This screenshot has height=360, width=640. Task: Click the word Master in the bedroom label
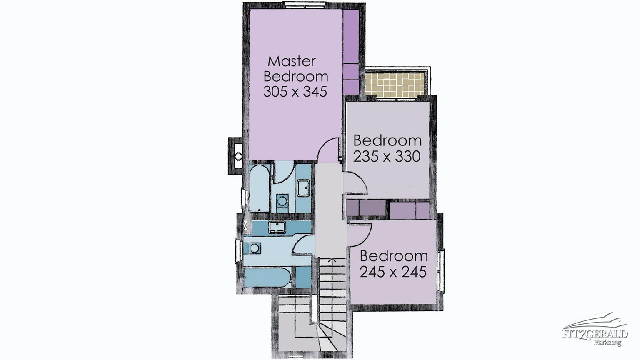point(292,61)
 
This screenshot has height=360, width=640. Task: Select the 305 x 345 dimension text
point(295,92)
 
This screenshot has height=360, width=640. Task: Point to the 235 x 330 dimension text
point(387,157)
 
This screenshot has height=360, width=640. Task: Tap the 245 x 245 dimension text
point(393,272)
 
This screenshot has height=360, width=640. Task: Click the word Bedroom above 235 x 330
point(387,141)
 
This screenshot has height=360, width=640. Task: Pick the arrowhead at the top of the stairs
point(332,260)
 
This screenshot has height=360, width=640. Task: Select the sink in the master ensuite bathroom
point(303,188)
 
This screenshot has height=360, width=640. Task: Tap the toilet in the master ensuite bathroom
point(282,201)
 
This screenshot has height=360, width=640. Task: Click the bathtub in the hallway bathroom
point(267,277)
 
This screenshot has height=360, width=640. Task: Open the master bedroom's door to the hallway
point(329,150)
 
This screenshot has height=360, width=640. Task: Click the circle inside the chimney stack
point(238,156)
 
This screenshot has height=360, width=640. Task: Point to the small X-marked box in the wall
point(245,225)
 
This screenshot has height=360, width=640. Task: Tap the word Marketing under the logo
point(607,342)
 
